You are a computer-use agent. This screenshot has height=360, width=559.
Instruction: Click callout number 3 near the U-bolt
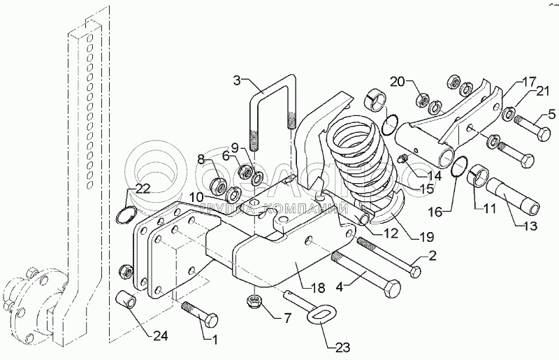238,81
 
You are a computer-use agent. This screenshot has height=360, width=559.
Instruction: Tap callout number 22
143,188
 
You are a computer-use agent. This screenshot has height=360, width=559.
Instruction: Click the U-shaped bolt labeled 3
271,112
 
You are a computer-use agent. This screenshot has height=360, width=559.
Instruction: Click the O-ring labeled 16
458,167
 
